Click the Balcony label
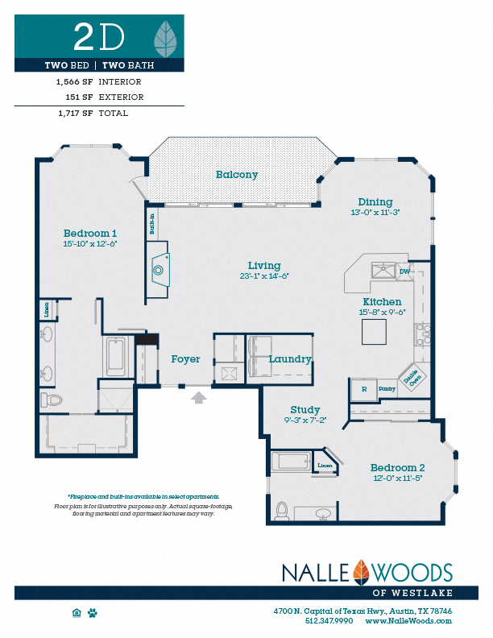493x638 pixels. [237, 175]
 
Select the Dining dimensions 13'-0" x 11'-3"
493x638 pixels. [375, 212]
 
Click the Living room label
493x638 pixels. [264, 266]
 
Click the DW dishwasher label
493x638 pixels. [404, 272]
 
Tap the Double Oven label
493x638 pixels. [410, 379]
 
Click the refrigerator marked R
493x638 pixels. [364, 390]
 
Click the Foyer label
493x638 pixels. [185, 358]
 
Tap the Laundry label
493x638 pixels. [290, 359]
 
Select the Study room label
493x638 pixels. [305, 409]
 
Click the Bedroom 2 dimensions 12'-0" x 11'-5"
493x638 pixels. [397, 478]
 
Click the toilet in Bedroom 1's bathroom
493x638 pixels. [52, 400]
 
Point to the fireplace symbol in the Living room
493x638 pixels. [160, 270]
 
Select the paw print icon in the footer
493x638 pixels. [93, 613]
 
